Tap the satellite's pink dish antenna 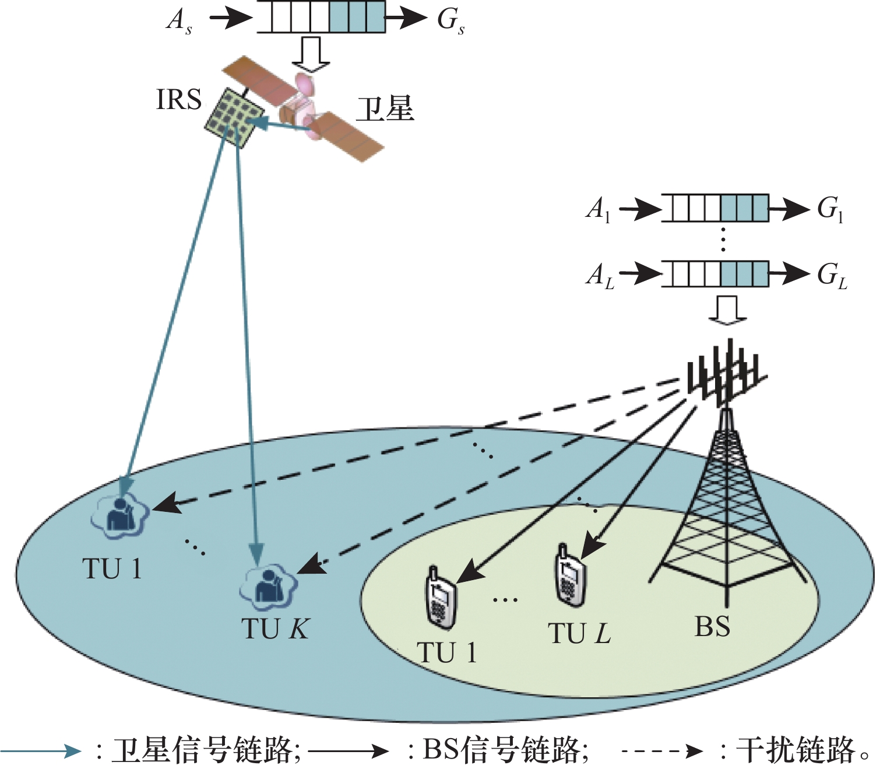click(x=304, y=83)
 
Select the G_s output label click(x=450, y=20)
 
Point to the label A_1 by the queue click(x=599, y=209)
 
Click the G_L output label click(x=832, y=275)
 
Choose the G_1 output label click(x=830, y=209)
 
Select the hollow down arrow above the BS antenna click(x=727, y=309)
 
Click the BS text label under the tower click(x=712, y=627)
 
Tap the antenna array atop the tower click(x=726, y=373)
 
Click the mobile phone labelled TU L click(x=568, y=576)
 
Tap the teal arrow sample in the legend click(x=41, y=751)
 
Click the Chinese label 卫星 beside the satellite click(x=385, y=109)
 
